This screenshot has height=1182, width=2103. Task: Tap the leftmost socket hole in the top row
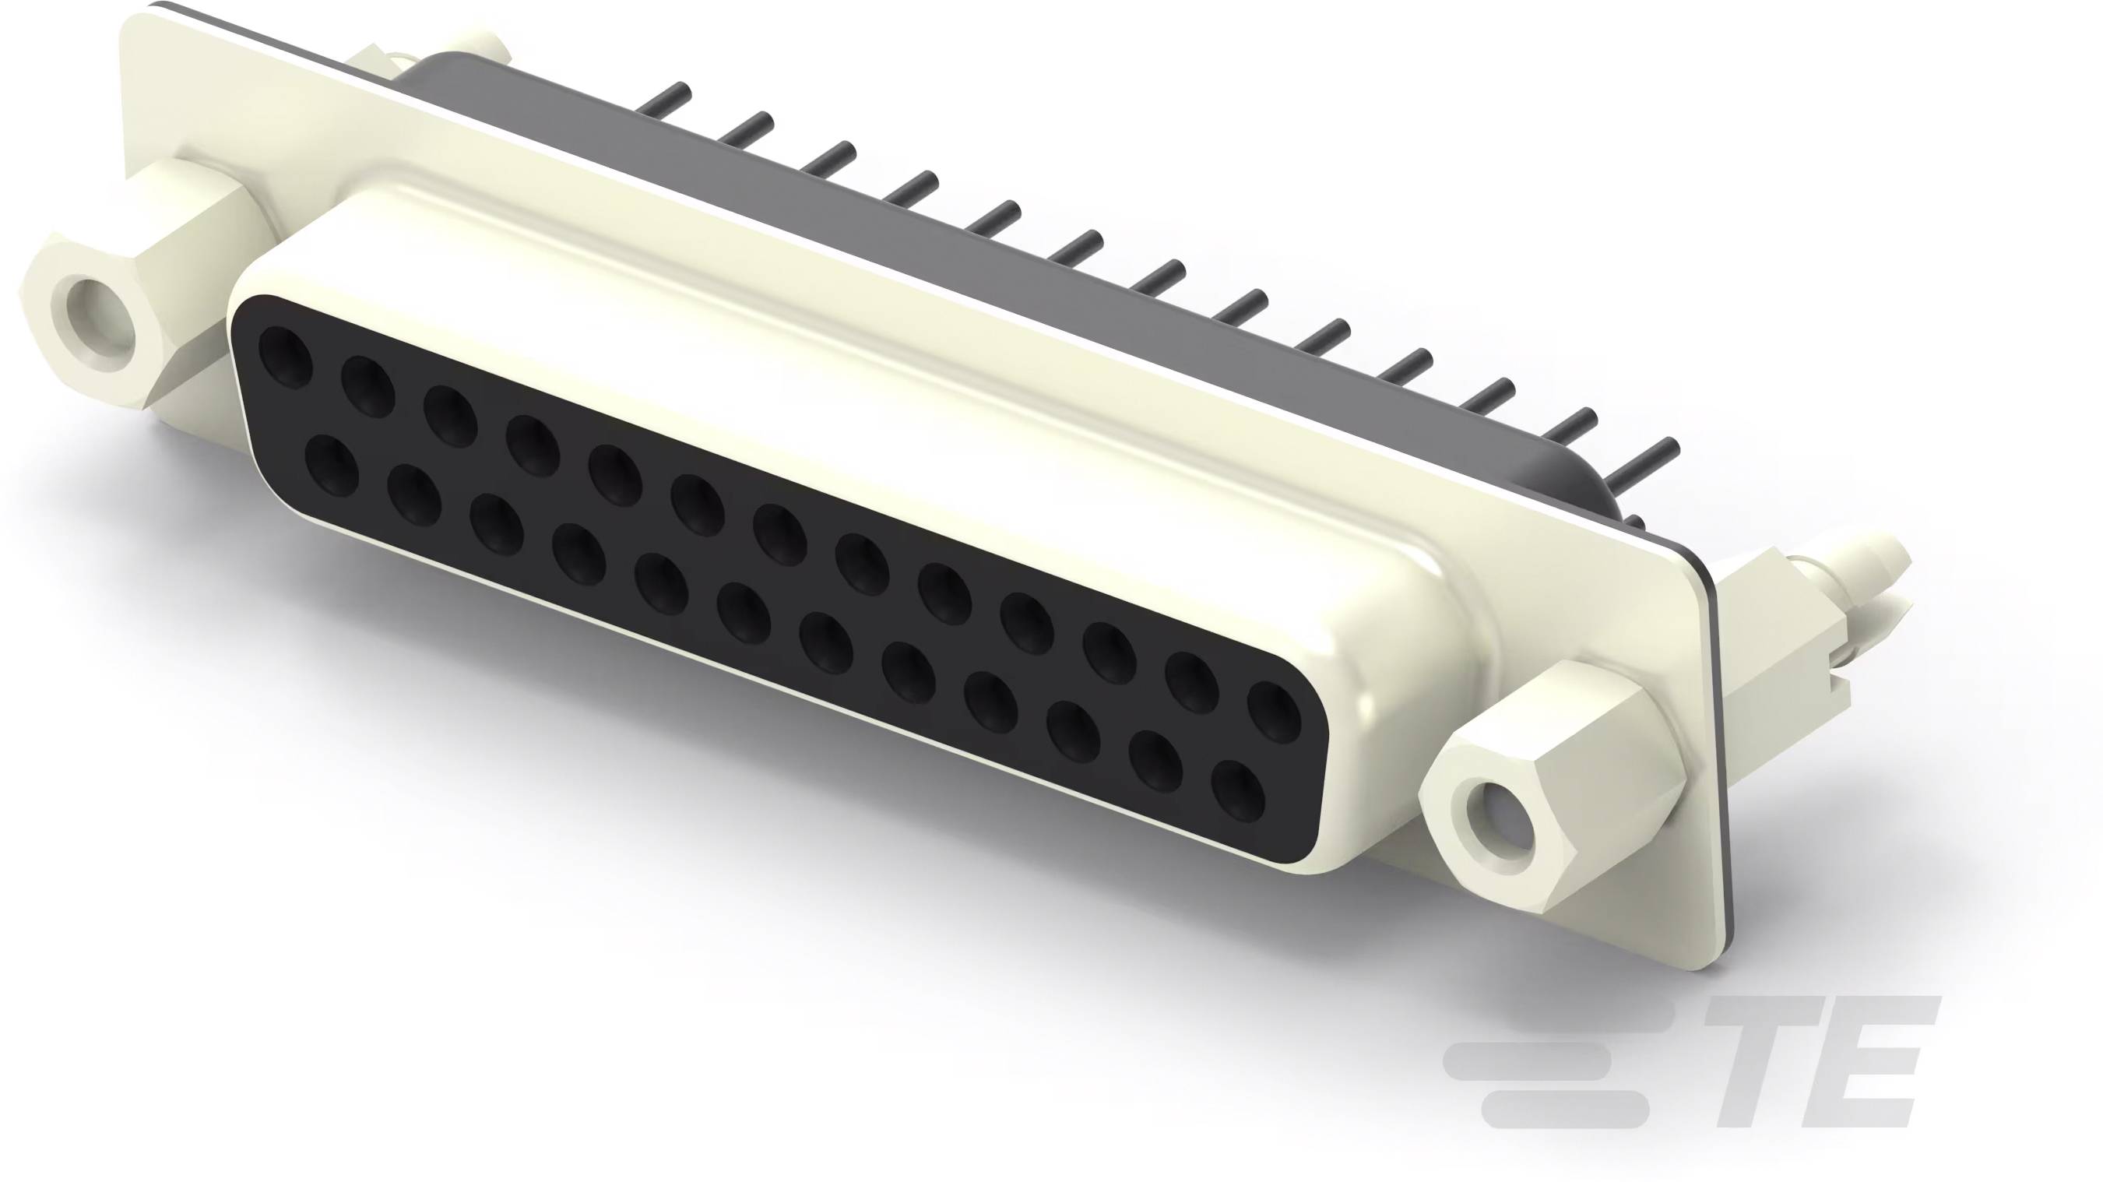point(286,355)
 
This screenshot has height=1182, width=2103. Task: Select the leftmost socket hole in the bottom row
point(332,465)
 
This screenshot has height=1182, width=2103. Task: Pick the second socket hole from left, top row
point(368,386)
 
